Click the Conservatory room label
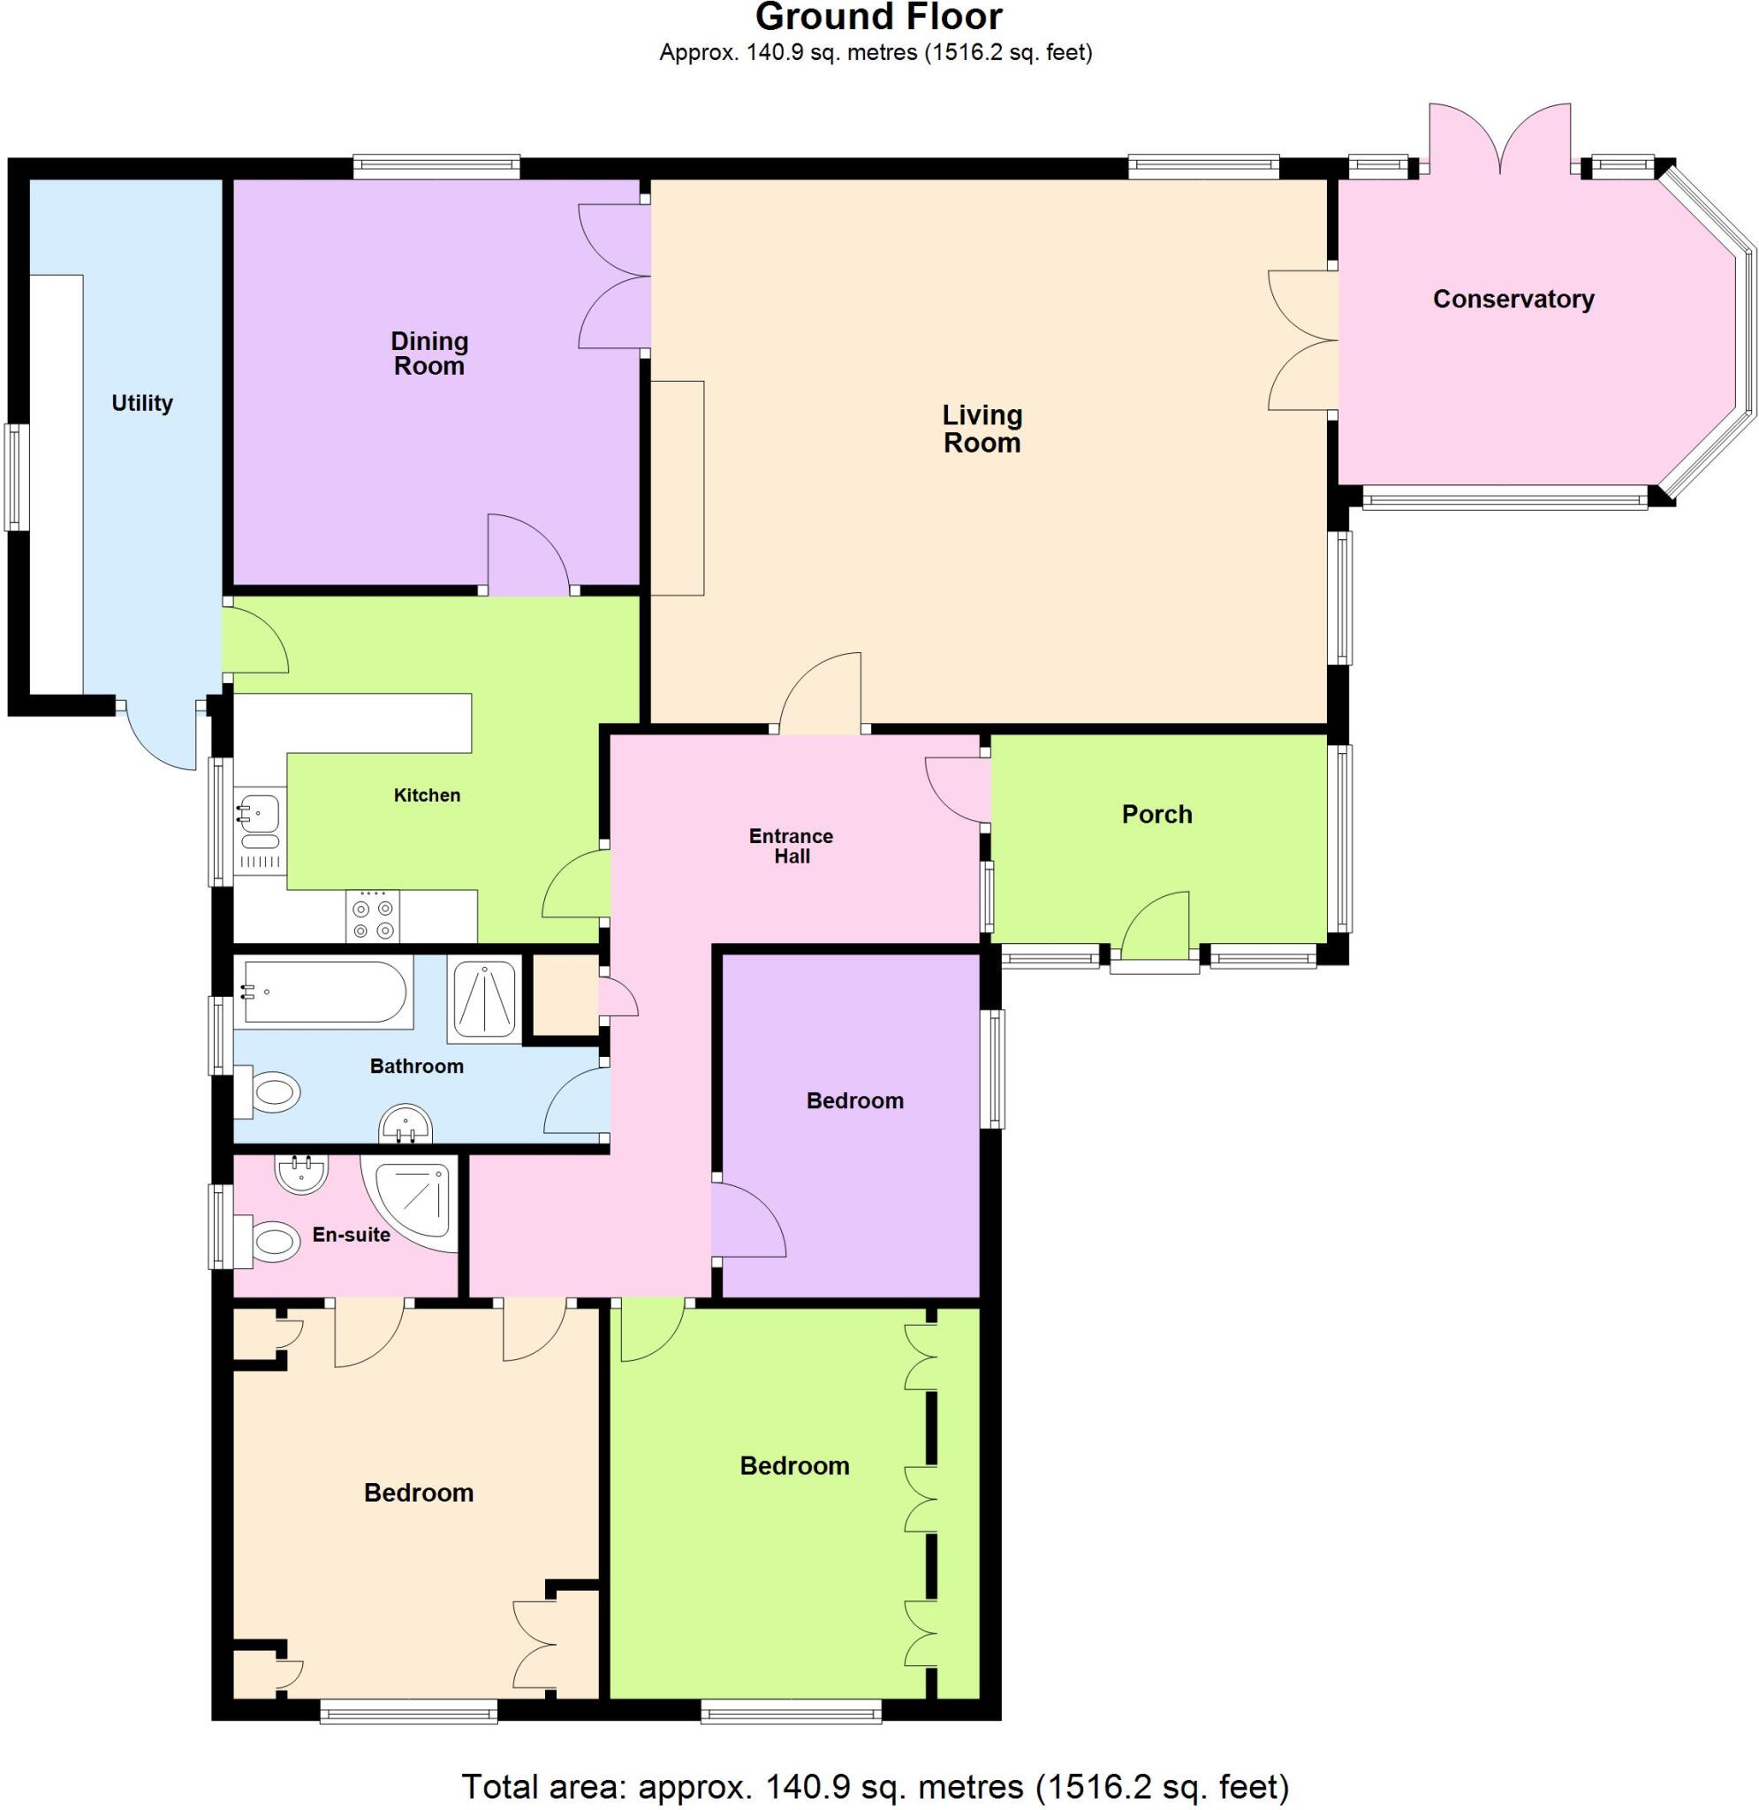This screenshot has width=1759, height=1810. pos(1513,300)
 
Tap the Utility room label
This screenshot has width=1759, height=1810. pos(141,403)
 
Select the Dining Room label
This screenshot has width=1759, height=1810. pos(428,354)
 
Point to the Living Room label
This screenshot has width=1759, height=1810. pos(982,429)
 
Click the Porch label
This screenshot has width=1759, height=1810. pos(1156,814)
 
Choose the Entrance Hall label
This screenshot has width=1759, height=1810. pos(791,847)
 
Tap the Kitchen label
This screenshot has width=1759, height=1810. pos(427,795)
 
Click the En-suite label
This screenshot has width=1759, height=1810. pos(351,1235)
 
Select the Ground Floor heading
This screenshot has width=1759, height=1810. pos(878,18)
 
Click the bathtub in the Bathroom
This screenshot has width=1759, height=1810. pos(323,993)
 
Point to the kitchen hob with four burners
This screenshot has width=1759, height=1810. pos(373,916)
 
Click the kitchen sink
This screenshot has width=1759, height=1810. pos(260,813)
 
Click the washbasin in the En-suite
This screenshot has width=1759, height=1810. pos(300,1176)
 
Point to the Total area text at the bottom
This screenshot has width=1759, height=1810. pos(874,1785)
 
